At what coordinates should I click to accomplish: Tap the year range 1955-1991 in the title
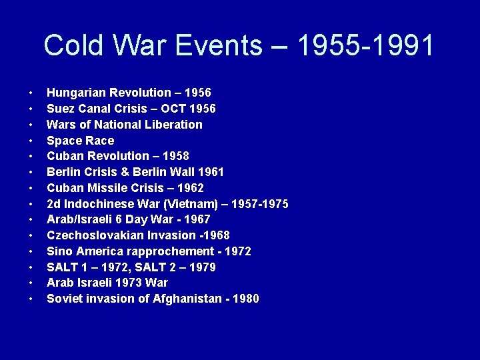click(x=367, y=46)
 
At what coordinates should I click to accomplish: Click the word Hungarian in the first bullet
click(x=77, y=93)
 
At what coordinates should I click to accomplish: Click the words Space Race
click(x=80, y=141)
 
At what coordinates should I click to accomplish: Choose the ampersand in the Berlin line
click(x=127, y=172)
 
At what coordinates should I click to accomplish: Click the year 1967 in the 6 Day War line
click(x=196, y=219)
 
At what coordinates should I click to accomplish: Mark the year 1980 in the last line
click(x=245, y=299)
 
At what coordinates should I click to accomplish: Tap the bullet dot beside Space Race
click(x=31, y=141)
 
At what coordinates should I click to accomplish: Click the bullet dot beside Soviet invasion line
click(x=31, y=299)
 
